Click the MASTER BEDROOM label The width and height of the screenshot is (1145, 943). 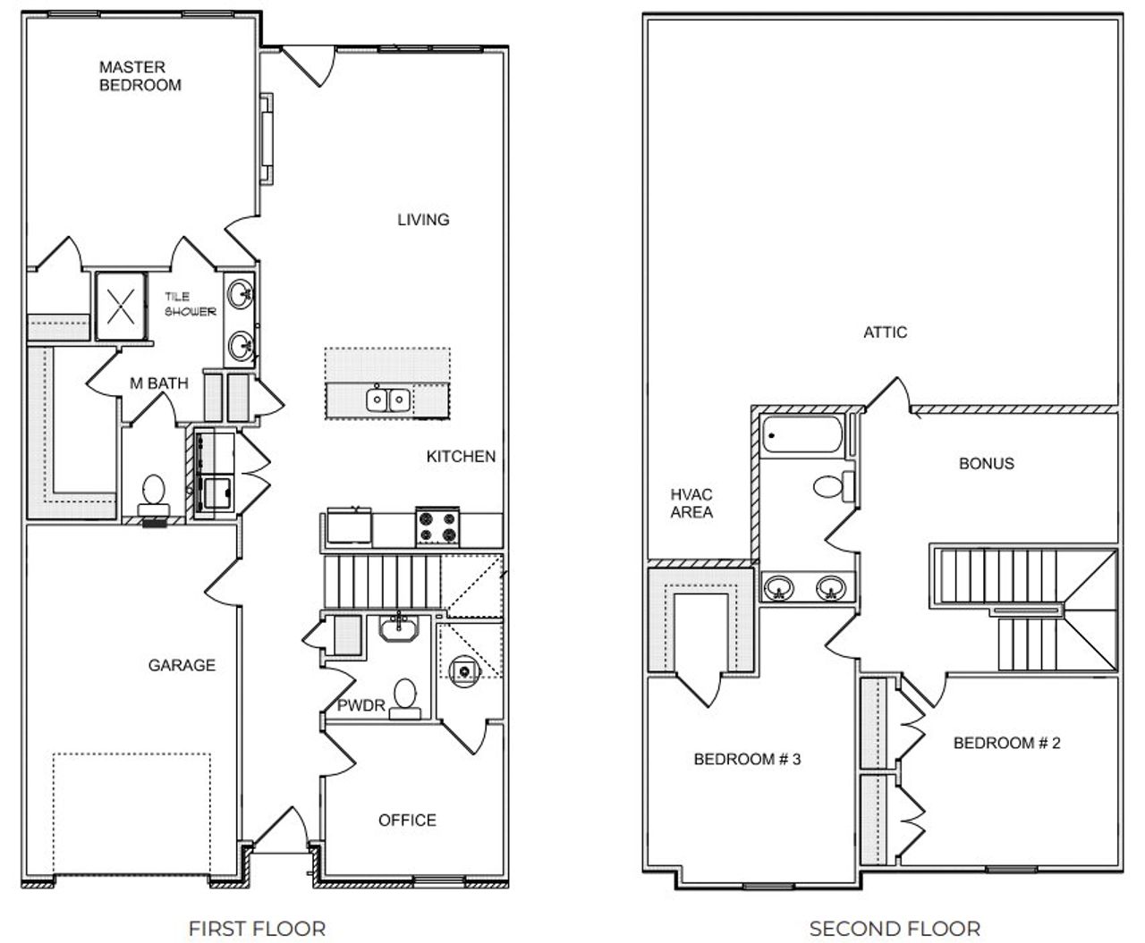click(140, 76)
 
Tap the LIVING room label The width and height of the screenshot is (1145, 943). click(423, 219)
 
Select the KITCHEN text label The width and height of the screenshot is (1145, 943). click(460, 456)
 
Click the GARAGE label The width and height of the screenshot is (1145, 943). click(182, 664)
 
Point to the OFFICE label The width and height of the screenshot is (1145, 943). click(407, 820)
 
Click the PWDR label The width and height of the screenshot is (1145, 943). click(360, 705)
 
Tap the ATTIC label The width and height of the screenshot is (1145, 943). click(885, 332)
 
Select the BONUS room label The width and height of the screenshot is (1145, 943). click(986, 463)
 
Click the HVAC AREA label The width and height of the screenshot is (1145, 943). click(691, 503)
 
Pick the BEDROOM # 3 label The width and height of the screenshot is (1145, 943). click(747, 759)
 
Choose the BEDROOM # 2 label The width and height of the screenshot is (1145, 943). click(1006, 743)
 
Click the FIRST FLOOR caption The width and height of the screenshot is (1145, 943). click(257, 929)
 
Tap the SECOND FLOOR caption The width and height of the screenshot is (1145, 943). click(895, 929)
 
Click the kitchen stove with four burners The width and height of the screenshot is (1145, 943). click(437, 526)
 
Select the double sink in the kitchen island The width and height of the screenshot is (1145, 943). click(388, 399)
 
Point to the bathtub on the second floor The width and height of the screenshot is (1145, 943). click(802, 436)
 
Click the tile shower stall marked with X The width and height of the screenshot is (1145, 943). click(123, 305)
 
